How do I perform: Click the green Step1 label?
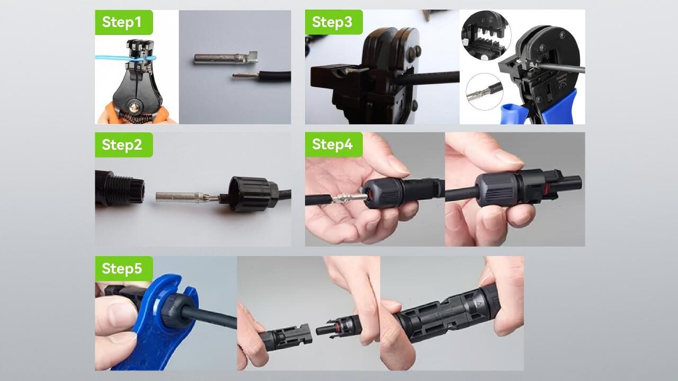(123, 22)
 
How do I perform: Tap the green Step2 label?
(123, 144)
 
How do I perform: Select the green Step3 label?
(333, 22)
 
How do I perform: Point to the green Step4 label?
(333, 144)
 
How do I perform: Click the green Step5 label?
(123, 269)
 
